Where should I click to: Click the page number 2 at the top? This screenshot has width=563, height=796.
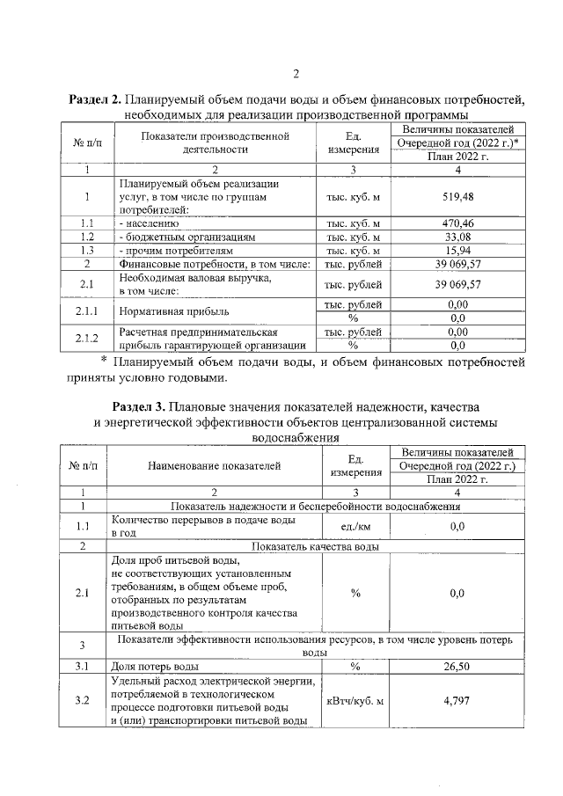click(x=296, y=73)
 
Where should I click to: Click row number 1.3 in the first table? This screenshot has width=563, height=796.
click(x=87, y=250)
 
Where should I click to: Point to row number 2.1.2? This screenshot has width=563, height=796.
click(x=87, y=339)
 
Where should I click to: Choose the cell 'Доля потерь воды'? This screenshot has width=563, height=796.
click(x=156, y=667)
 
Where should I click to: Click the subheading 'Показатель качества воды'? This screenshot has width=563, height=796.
click(x=314, y=546)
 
